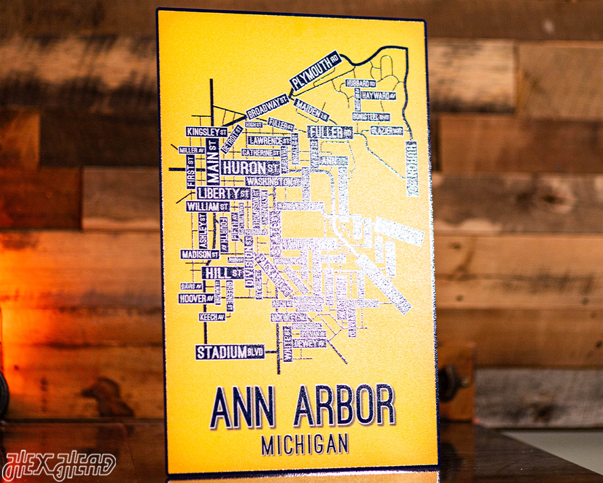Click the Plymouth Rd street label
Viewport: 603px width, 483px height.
point(314,71)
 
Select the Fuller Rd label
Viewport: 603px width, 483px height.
point(330,132)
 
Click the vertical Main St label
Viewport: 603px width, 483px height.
point(214,161)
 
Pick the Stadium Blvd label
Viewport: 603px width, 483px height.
point(229,352)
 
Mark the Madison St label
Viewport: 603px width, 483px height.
point(199,254)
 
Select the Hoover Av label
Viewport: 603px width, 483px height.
point(197,298)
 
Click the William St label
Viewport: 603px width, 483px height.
point(207,206)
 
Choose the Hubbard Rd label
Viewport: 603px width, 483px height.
point(361,83)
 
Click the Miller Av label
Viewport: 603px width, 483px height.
point(192,149)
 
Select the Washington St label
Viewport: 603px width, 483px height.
point(271,182)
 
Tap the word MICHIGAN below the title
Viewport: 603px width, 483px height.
point(305,445)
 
